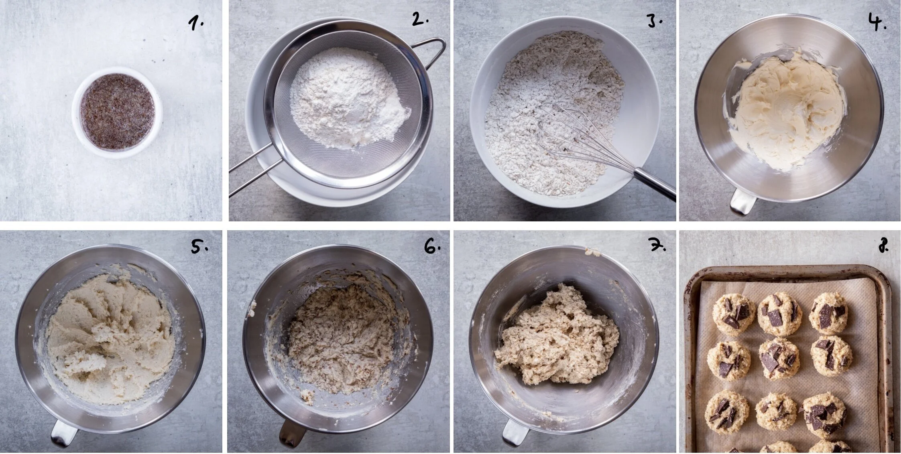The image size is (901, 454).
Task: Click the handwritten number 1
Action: pyautogui.click(x=195, y=24)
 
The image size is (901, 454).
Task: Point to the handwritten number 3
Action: pyautogui.click(x=654, y=21)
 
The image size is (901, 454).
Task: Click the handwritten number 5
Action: pyautogui.click(x=198, y=247)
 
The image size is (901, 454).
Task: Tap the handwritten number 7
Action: pyautogui.click(x=657, y=246)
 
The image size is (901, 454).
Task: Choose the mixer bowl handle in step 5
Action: pyautogui.click(x=64, y=433)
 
